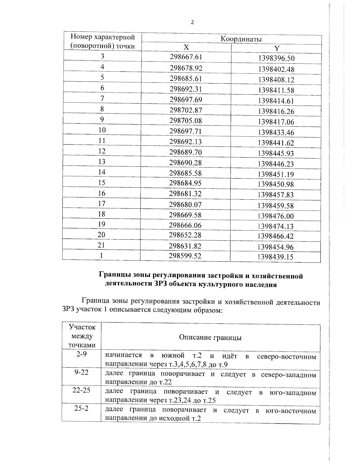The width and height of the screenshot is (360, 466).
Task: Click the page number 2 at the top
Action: click(192, 22)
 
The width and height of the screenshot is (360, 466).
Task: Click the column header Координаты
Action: click(241, 39)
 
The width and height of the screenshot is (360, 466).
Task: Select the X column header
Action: click(186, 47)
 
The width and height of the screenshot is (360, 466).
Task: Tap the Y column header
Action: click(277, 49)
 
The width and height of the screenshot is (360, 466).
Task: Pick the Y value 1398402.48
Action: click(276, 69)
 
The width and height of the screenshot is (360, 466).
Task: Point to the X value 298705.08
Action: click(186, 121)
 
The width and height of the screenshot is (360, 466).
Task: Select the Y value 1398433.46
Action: click(276, 132)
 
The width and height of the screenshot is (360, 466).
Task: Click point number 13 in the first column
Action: click(102, 162)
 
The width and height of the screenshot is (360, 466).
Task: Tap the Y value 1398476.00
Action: click(276, 216)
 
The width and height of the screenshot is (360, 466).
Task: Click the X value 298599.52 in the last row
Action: click(185, 256)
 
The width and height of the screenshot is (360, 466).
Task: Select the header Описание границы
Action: click(210, 338)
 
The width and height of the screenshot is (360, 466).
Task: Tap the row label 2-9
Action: click(81, 354)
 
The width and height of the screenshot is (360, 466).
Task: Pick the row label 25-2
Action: click(81, 409)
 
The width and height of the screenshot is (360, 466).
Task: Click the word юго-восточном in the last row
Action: click(291, 411)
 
